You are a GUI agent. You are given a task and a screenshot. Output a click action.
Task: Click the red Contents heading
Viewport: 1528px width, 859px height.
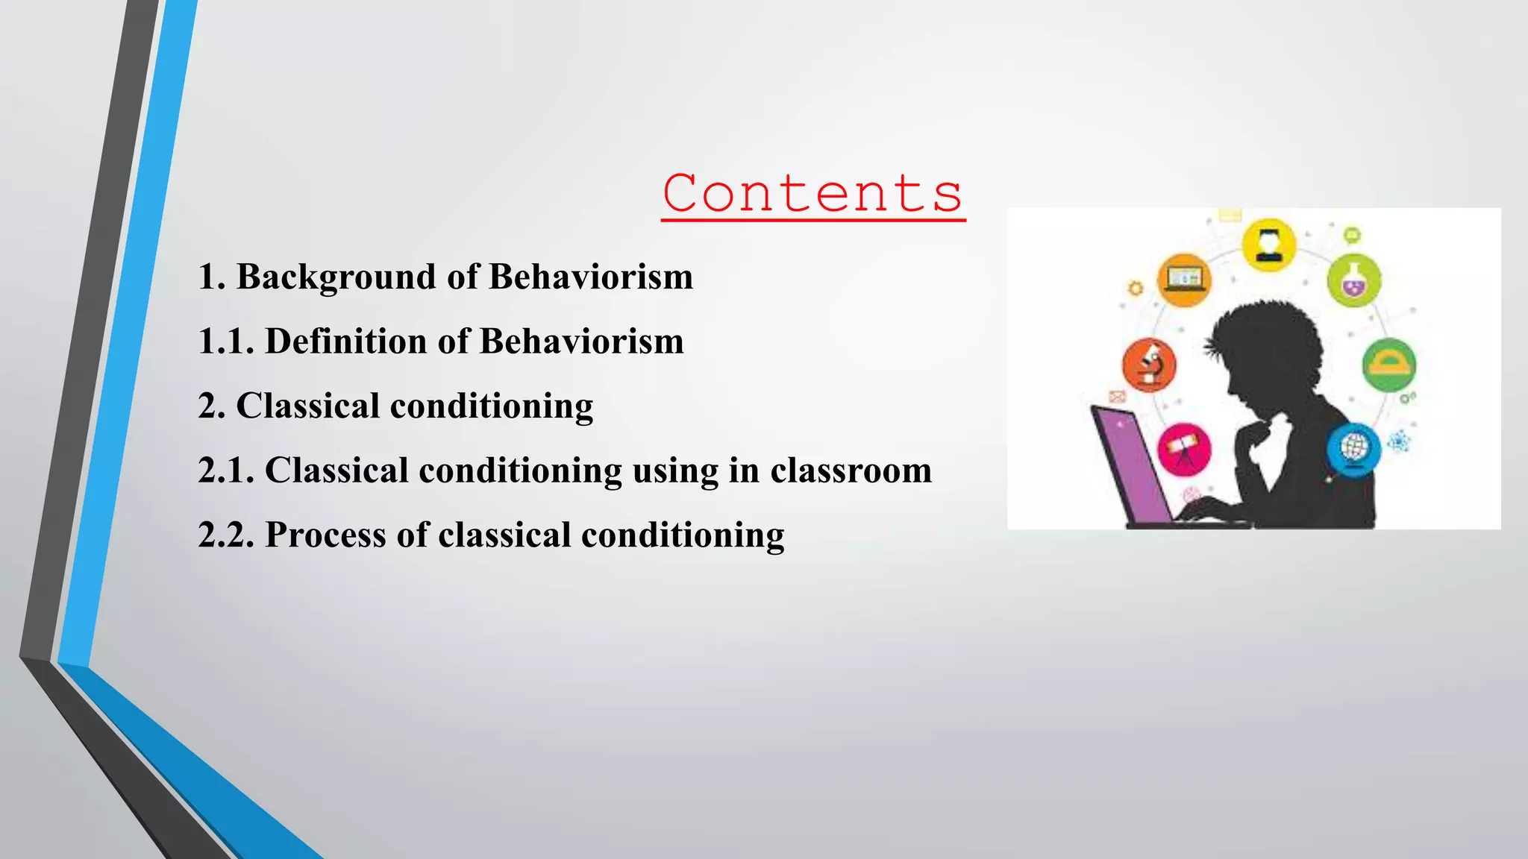[812, 193]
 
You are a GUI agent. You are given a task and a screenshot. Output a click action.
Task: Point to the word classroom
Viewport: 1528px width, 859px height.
[851, 471]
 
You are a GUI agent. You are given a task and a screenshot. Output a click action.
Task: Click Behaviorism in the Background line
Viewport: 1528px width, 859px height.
[591, 277]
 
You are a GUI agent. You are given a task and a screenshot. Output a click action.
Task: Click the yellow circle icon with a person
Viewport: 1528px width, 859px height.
[1268, 245]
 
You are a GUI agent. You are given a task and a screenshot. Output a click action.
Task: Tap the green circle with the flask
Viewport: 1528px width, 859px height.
[1353, 280]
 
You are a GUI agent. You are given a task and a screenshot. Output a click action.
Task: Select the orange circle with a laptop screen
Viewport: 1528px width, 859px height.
[1184, 280]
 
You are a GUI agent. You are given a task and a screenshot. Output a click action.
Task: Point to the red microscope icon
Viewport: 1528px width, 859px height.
[1149, 365]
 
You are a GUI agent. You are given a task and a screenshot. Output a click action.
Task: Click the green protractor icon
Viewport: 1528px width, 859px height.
[1388, 365]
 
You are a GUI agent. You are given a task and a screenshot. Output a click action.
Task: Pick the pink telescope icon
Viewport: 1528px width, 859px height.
[1184, 449]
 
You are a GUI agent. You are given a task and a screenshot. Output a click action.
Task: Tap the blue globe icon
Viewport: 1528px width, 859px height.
[1353, 449]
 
